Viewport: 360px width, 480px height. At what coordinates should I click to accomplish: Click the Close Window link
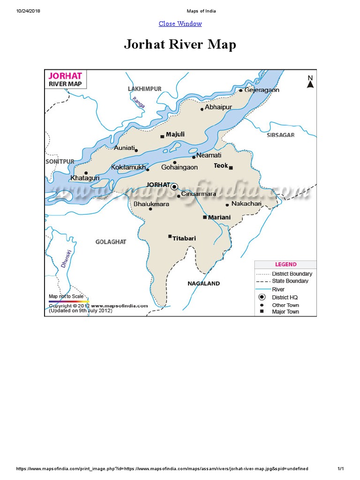[x=180, y=23]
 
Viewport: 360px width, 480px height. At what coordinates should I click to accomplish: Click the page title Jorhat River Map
[x=180, y=45]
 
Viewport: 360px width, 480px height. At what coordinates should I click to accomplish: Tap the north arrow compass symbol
[x=310, y=82]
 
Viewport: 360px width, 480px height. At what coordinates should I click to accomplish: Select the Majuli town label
[x=175, y=135]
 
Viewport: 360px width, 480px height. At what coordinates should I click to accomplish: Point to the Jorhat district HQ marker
[x=174, y=187]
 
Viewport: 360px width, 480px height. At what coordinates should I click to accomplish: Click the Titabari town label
[x=184, y=239]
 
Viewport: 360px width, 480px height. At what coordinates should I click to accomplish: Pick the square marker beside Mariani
[x=204, y=217]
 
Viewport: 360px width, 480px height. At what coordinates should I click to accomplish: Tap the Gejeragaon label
[x=262, y=90]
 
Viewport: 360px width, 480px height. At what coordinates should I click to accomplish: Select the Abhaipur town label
[x=218, y=107]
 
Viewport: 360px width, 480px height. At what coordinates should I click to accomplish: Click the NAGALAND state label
[x=203, y=284]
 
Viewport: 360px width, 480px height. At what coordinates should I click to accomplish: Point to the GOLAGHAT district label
[x=111, y=242]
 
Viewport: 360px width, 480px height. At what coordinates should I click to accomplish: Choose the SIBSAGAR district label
[x=280, y=135]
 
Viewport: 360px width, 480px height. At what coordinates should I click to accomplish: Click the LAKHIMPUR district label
[x=144, y=89]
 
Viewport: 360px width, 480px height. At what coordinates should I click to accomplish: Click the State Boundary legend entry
[x=290, y=281]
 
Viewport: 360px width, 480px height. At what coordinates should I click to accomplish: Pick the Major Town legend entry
[x=285, y=312]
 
